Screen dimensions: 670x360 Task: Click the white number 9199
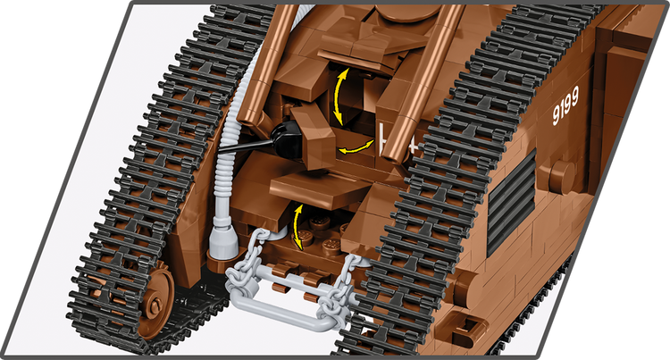[565, 105]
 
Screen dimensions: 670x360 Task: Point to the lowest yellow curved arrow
[297, 227]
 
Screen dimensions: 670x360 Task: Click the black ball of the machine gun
[287, 138]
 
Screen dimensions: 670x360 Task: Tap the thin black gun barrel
[246, 146]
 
